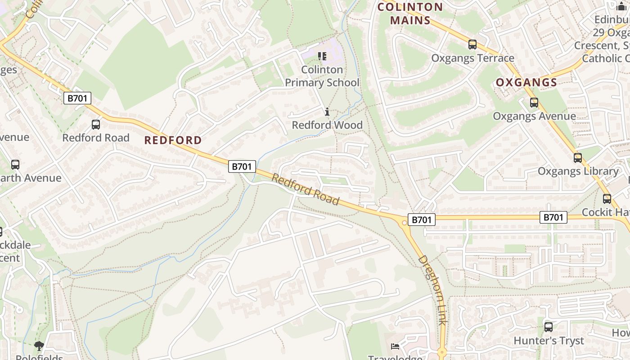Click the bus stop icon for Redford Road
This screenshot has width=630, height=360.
[x=96, y=125]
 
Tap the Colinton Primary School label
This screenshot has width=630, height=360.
[x=322, y=76]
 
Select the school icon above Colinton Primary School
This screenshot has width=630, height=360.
[x=322, y=56]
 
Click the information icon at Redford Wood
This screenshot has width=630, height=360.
[x=327, y=112]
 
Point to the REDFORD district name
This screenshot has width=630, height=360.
[x=173, y=140]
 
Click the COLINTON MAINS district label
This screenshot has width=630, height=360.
[x=410, y=13]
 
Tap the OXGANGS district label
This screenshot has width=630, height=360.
[x=526, y=83]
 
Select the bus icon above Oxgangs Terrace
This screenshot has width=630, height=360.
[x=472, y=45]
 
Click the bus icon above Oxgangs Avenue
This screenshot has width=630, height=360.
[x=534, y=103]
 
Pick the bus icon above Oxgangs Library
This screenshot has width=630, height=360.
[x=578, y=158]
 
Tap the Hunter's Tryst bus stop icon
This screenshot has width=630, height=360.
[x=548, y=327]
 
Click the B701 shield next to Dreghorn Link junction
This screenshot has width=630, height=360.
[x=422, y=220]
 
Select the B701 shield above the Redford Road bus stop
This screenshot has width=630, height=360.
[x=77, y=98]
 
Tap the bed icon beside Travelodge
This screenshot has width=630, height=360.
[x=395, y=346]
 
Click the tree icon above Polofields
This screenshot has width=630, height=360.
[x=39, y=346]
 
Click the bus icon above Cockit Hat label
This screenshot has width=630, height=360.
[x=607, y=198]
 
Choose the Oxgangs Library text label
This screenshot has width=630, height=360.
[x=578, y=171]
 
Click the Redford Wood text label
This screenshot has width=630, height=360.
[x=327, y=125]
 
